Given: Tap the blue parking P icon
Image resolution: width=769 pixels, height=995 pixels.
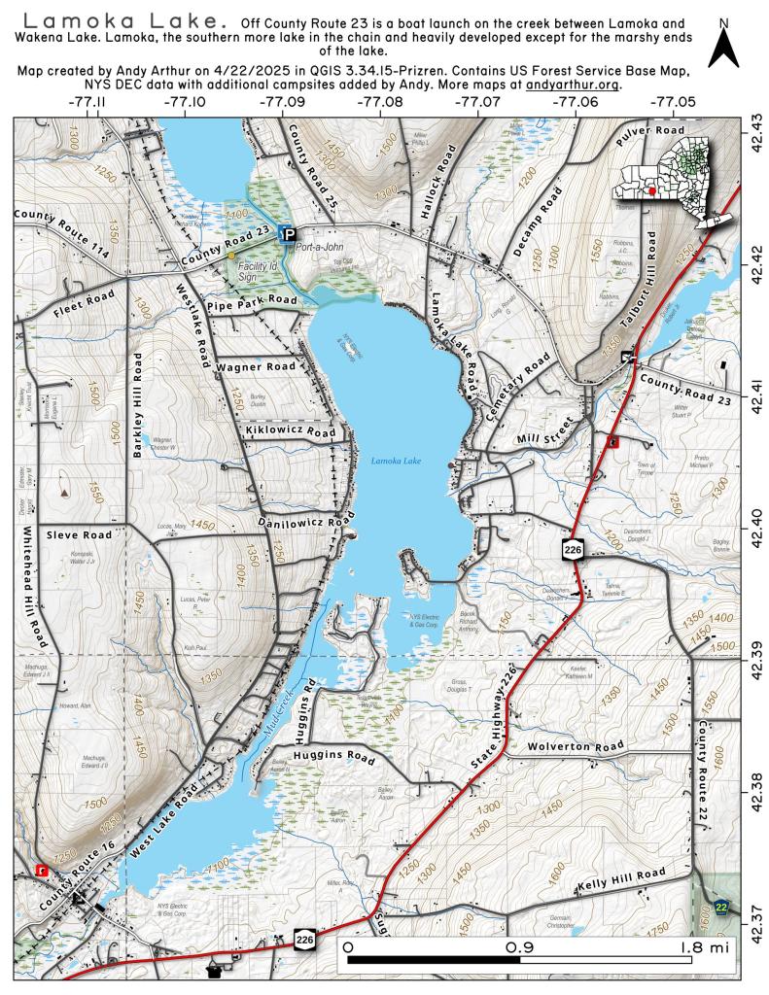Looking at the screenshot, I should pos(288,232).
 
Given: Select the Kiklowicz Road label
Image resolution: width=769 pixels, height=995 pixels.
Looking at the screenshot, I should pos(291,429).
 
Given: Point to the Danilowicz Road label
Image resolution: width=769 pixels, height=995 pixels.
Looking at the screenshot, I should pos(304,523).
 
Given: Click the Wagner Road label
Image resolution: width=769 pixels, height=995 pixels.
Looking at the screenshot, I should pos(256,367).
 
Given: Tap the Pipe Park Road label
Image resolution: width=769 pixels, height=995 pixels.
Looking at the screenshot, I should pos(252,301).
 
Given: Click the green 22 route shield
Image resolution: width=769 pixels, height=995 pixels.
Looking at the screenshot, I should pos(720,907).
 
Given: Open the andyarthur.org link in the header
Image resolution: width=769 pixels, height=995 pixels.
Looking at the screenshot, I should pos(573,85).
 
